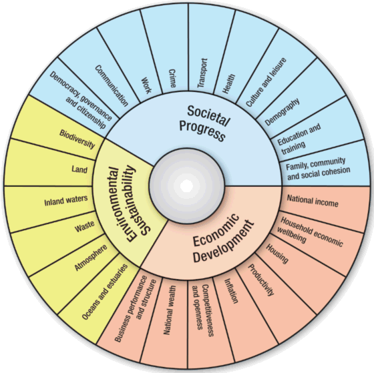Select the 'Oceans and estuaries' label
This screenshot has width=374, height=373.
tap(103, 297)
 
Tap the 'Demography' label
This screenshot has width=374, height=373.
tap(281, 112)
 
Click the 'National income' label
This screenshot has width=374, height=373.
tap(313, 201)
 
